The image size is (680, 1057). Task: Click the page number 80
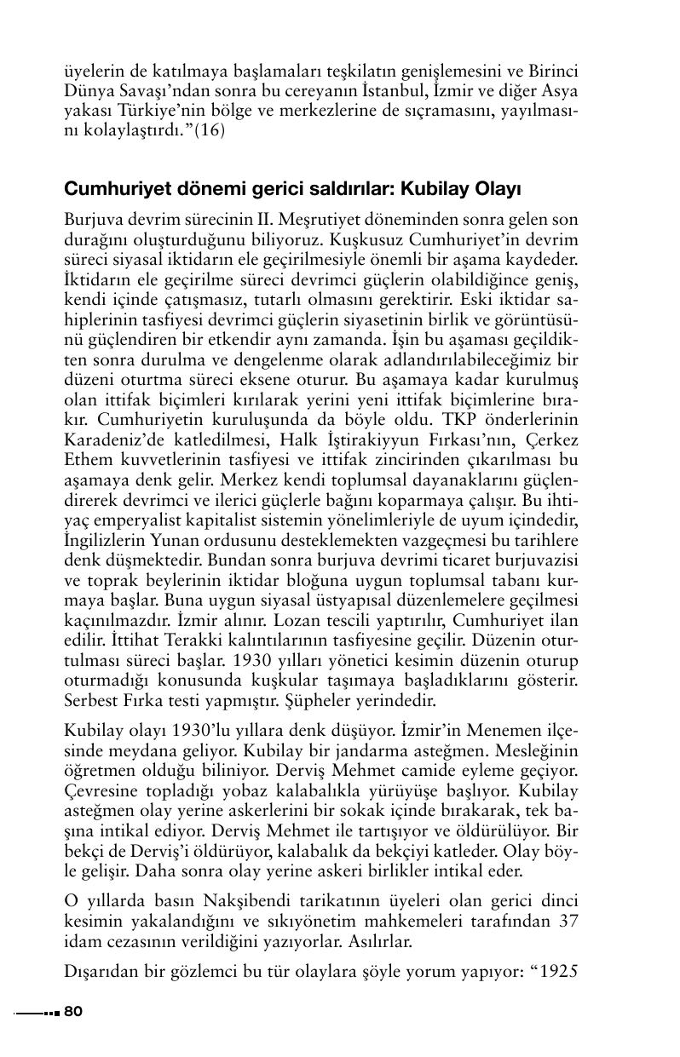coord(72,1011)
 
